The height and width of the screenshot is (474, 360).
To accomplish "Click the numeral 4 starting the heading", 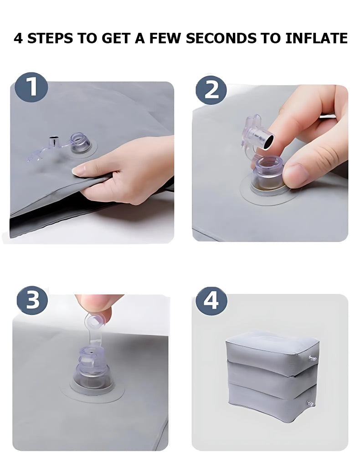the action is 18,38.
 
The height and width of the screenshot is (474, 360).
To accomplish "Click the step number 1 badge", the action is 32,87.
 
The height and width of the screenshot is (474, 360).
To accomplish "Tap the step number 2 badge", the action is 211,89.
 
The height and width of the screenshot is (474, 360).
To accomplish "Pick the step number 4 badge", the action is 211,302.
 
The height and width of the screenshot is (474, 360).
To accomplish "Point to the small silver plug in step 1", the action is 54,142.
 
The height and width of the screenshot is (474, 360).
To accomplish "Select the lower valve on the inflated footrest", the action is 309,403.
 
